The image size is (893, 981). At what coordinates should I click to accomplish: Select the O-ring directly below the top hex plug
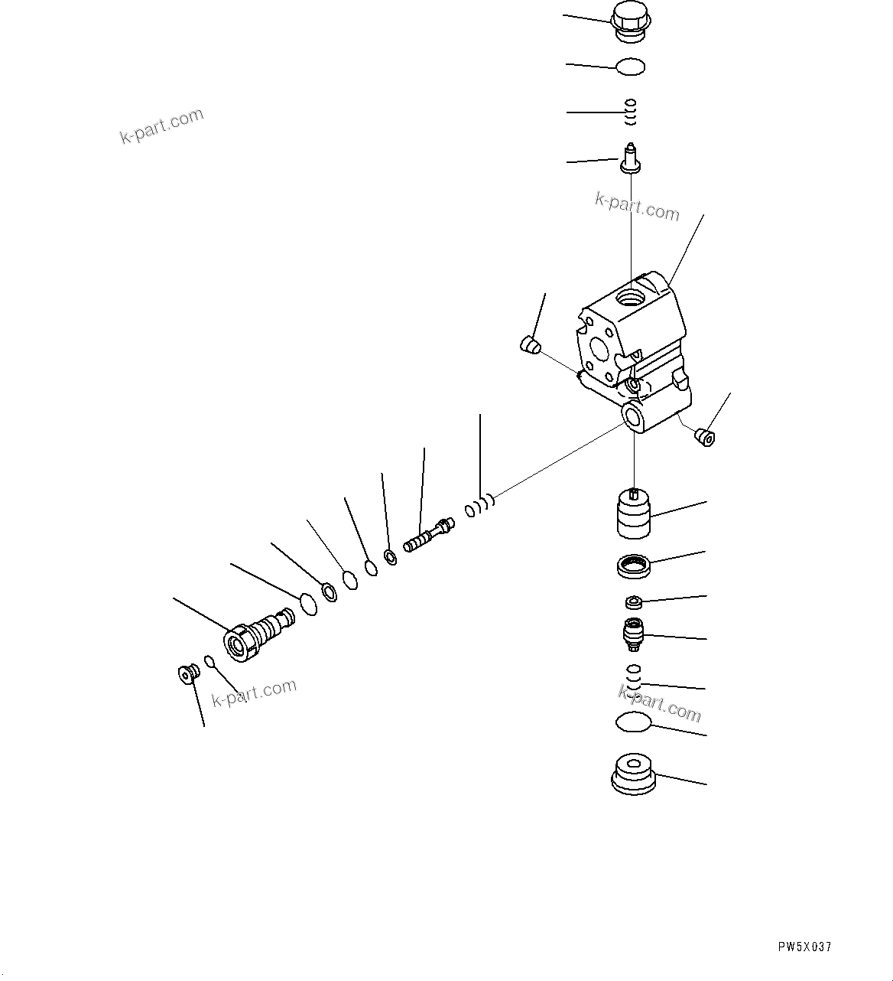click(x=631, y=67)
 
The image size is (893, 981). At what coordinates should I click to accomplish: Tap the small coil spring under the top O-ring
click(x=631, y=112)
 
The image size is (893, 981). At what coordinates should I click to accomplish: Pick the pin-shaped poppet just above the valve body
click(x=631, y=157)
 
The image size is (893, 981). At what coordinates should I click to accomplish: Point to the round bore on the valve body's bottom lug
click(x=634, y=418)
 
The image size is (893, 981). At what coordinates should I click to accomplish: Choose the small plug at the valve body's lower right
click(x=704, y=438)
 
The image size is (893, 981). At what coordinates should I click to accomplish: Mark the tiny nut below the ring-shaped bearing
click(x=633, y=602)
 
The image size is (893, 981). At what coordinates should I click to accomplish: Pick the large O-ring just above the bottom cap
click(x=632, y=722)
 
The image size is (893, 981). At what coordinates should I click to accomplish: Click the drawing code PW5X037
click(x=804, y=947)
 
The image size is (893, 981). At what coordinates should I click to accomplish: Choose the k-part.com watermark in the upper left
click(x=162, y=126)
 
